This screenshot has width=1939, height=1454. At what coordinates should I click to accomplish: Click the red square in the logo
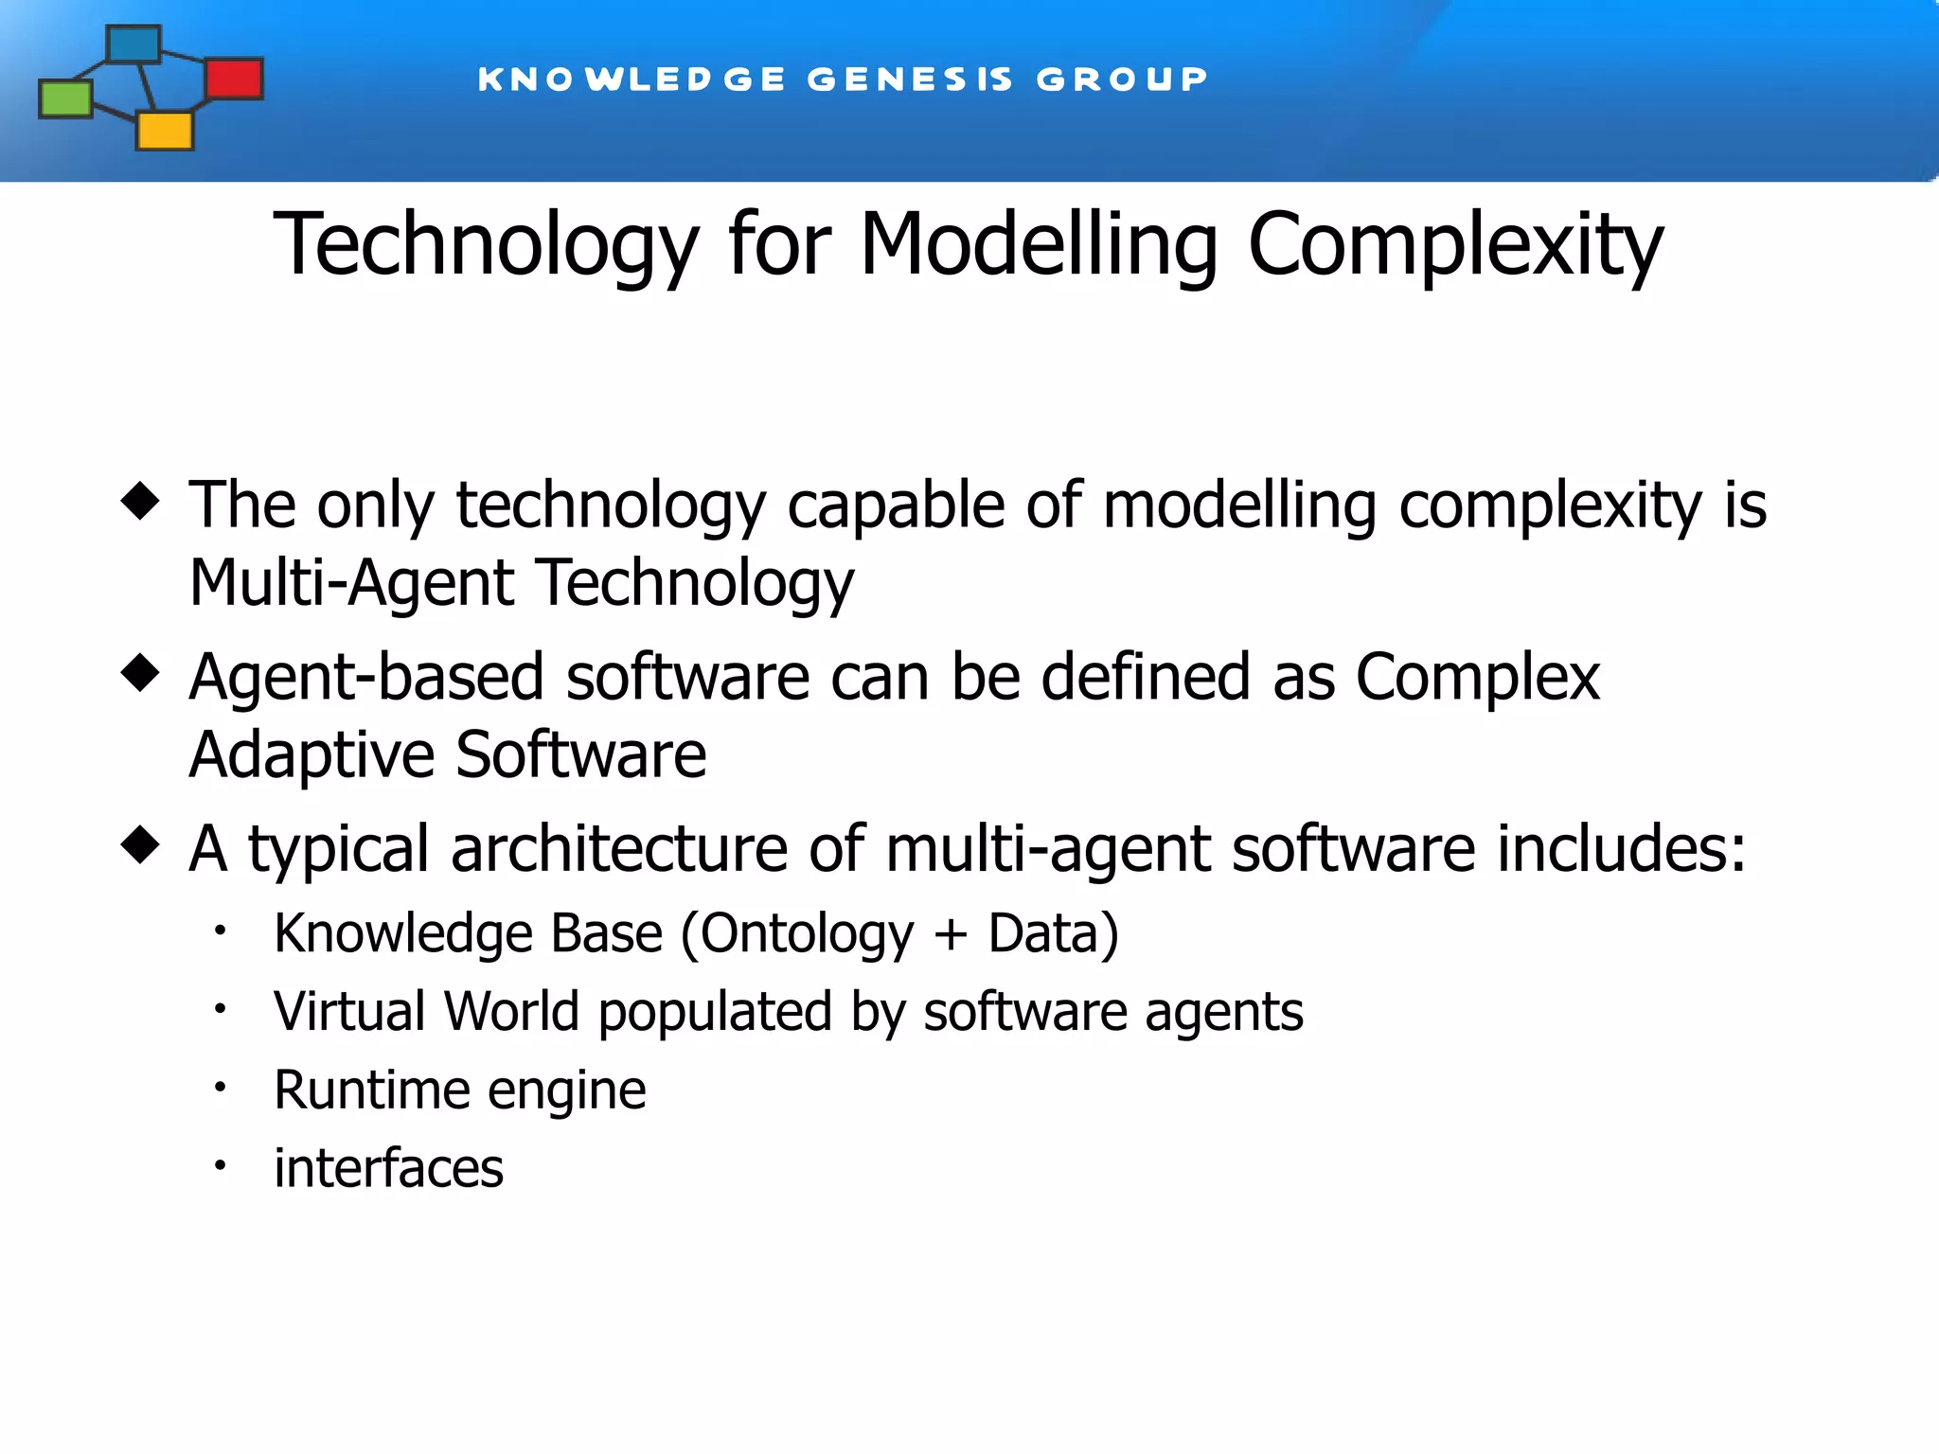(234, 79)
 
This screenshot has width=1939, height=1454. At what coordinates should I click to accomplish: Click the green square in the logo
(65, 98)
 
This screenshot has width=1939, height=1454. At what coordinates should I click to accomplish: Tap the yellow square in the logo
(165, 131)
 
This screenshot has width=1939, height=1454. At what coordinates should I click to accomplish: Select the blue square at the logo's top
(133, 44)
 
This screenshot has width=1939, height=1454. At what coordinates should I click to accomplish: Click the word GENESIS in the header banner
(910, 79)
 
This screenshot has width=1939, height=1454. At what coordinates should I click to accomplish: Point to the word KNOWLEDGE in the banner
(632, 79)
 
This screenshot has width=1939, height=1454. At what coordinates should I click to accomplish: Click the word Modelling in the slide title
(1039, 245)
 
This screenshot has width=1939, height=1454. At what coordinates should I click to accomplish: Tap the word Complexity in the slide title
(1455, 245)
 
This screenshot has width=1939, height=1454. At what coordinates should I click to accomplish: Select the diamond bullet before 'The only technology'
(140, 501)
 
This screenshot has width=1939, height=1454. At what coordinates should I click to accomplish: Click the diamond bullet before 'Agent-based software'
(140, 673)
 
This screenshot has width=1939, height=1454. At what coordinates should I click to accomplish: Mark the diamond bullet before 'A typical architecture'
(140, 844)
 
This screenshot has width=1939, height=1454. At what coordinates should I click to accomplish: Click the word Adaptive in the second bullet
(311, 754)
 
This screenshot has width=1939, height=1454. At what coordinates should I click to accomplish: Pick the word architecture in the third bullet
(619, 848)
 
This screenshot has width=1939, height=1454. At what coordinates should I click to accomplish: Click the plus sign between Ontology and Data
(951, 935)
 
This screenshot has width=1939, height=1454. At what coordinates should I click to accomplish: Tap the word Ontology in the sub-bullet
(808, 935)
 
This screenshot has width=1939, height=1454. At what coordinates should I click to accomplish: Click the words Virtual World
(426, 1011)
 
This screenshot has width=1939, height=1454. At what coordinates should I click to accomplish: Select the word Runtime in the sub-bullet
(372, 1090)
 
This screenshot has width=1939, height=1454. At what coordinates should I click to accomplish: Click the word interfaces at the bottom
(388, 1167)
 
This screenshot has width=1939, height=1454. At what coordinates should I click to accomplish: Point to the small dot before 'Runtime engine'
(220, 1088)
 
